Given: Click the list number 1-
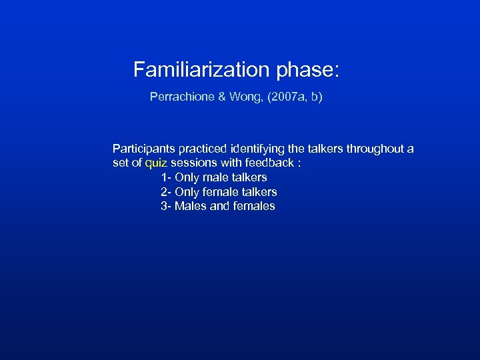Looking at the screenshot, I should [x=166, y=177].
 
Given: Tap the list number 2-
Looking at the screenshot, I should [x=166, y=192].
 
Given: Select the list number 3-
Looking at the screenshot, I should [x=166, y=207].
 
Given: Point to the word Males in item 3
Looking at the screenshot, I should [x=191, y=207].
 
